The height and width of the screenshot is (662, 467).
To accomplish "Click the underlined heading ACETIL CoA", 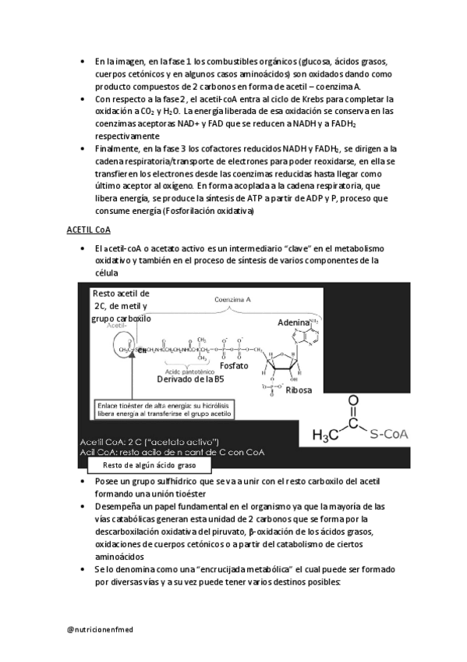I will (87, 230).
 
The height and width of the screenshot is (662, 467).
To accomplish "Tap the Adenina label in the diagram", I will (293, 322).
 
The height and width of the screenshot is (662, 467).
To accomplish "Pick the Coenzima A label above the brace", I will (232, 298).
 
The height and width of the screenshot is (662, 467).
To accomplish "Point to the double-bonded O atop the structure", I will (352, 402).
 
